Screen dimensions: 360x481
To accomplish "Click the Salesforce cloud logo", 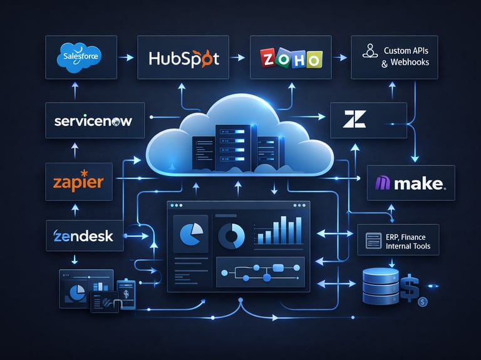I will pos(81,58).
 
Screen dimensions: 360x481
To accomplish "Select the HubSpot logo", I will pos(184,59).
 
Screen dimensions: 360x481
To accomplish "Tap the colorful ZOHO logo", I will pos(291,58).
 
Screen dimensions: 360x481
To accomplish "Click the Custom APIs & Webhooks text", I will pos(400,56).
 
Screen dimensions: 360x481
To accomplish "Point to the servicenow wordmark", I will pos(93,121).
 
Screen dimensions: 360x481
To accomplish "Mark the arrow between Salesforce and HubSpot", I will pos(127,58).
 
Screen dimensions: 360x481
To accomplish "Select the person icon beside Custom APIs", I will pos(368,51).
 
